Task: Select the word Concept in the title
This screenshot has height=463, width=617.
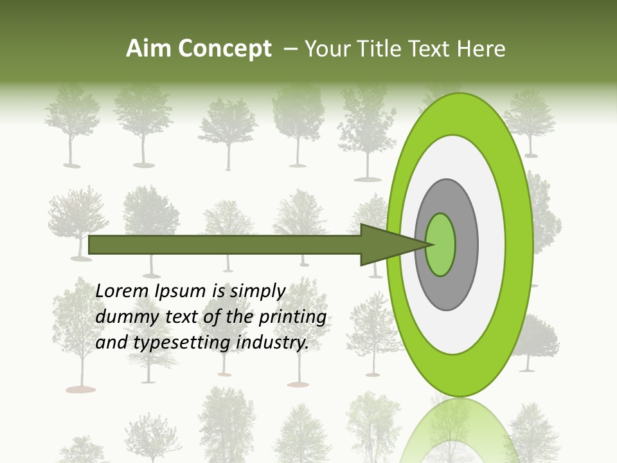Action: [224, 49]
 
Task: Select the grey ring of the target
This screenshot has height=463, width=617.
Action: [467, 244]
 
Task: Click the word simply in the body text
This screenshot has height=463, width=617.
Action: [257, 291]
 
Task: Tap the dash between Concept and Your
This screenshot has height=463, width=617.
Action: [290, 50]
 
